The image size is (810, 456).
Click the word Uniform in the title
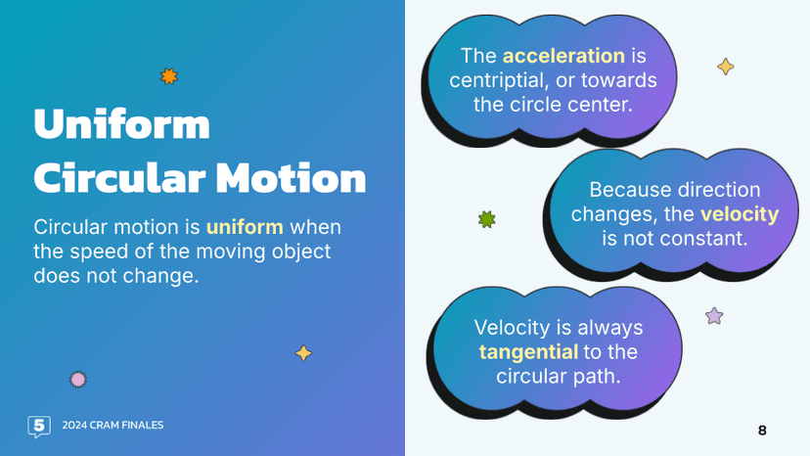coord(122,124)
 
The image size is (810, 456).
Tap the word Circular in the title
coord(119,179)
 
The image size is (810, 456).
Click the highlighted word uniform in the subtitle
coord(245,227)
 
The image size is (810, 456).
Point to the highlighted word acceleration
coord(563,56)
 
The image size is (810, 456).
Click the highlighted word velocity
coord(740,213)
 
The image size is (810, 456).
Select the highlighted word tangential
coord(527,351)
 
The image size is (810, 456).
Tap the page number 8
coord(762,431)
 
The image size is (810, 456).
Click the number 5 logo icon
coord(39,426)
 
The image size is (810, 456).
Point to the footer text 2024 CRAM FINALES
coord(112,426)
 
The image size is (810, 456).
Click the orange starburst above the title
coord(169,75)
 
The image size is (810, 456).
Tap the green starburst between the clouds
coord(486,219)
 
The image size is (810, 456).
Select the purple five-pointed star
coord(714,316)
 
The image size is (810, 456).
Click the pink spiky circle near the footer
coord(78,379)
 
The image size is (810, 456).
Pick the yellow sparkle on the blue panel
coord(303,352)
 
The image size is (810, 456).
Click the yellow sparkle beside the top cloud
coord(725,67)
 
